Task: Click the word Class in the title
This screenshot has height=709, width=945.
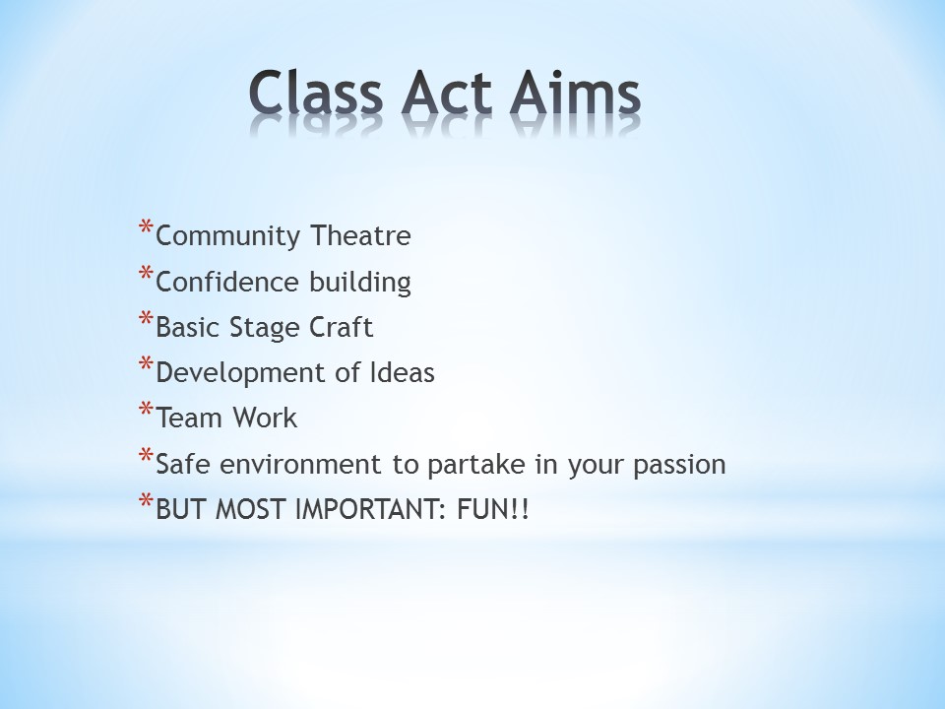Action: tap(316, 93)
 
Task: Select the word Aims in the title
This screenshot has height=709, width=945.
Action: tap(575, 93)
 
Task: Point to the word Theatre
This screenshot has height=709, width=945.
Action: tap(361, 235)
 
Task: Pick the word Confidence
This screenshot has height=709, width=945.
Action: tap(227, 282)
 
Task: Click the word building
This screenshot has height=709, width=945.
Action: tap(360, 283)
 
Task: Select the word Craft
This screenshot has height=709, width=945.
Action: tap(342, 327)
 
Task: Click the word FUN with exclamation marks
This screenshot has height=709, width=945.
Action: tap(493, 509)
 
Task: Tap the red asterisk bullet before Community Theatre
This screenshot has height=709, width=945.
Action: tap(146, 227)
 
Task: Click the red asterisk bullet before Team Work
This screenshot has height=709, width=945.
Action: tap(146, 410)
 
